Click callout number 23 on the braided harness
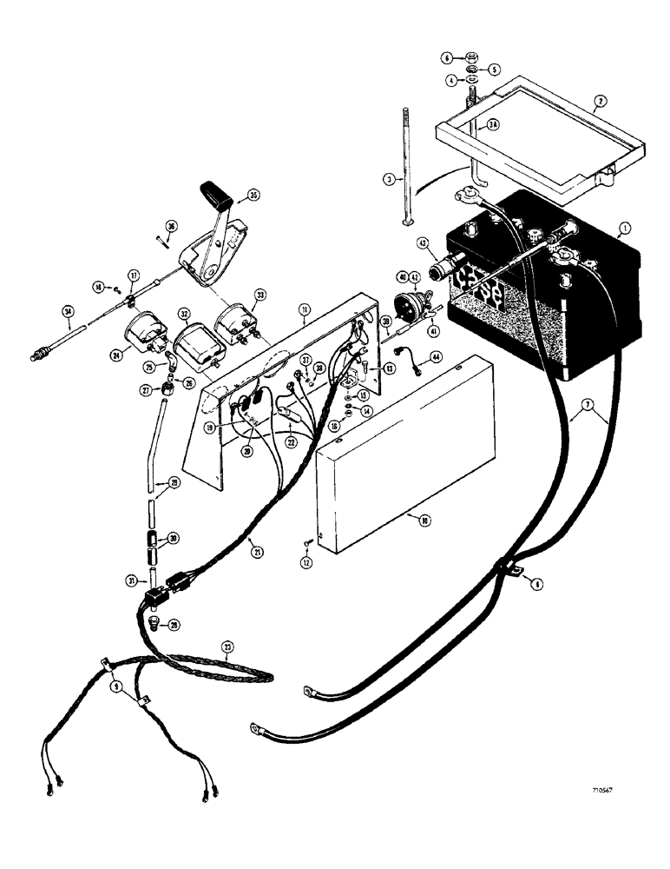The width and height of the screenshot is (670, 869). [x=228, y=646]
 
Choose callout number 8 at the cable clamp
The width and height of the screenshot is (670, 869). [x=537, y=586]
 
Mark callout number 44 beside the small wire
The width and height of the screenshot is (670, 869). [x=434, y=357]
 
